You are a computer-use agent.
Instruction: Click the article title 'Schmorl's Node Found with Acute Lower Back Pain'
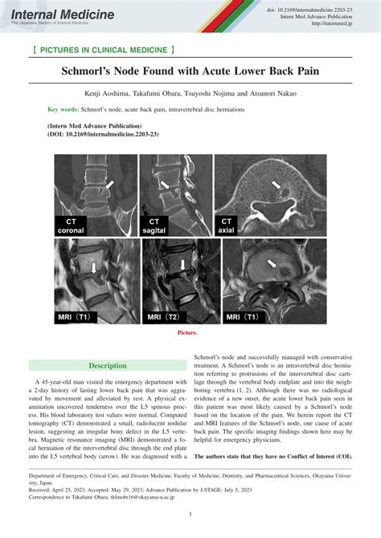[x=190, y=71]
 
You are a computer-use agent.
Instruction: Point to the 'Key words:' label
[x=63, y=108]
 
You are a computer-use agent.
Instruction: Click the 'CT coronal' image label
[x=72, y=225]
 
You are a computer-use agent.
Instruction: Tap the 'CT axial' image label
[x=227, y=225]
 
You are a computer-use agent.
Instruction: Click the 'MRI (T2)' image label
[x=158, y=317]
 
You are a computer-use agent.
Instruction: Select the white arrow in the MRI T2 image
[x=184, y=264]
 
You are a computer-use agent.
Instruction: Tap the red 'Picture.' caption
[x=190, y=331]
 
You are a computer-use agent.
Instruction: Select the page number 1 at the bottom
[x=190, y=513]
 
